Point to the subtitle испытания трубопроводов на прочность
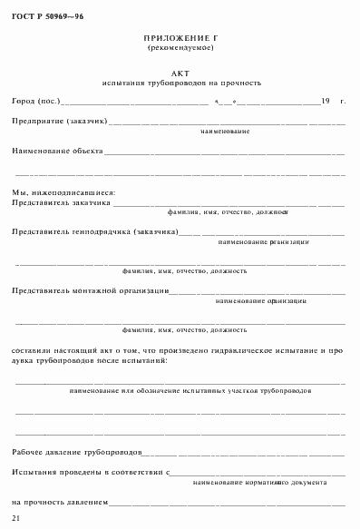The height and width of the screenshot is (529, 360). [181, 83]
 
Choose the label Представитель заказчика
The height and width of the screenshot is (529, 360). [62, 203]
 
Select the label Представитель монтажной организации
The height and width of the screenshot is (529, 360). [91, 290]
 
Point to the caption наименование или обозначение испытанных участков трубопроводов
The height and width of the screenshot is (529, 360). [190, 389]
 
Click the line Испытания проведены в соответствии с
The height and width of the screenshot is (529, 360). [92, 473]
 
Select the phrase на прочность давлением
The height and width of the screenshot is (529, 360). [60, 501]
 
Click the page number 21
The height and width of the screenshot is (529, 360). [15, 517]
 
